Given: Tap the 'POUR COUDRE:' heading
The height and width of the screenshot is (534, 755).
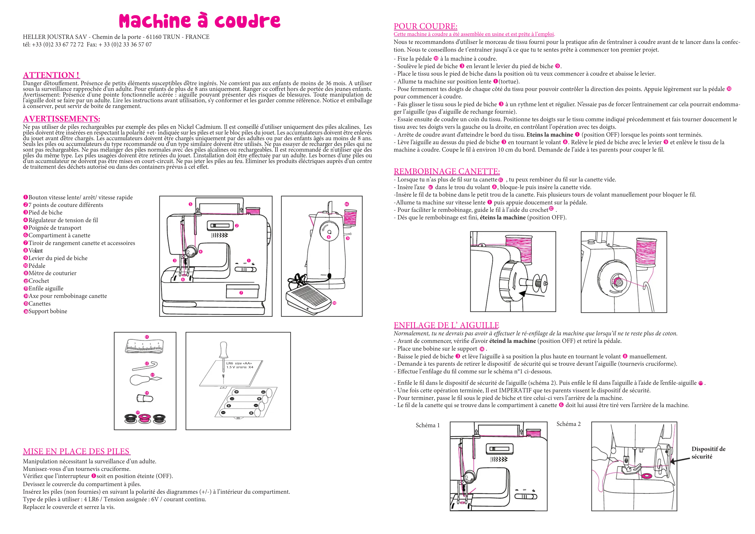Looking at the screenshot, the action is [x=425, y=26].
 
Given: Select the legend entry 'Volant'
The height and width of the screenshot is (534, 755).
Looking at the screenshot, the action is [x=36, y=251].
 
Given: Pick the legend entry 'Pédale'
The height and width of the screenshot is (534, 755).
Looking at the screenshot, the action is [x=37, y=266].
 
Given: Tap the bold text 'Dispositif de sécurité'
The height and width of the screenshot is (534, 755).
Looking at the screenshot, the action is [x=708, y=453].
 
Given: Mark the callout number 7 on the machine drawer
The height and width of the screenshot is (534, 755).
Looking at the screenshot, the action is [x=241, y=293].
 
